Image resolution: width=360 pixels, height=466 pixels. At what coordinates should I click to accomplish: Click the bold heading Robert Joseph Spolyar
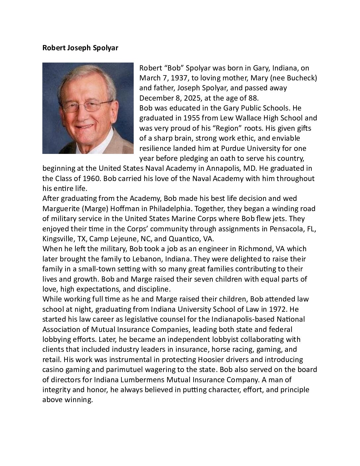click(80, 48)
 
